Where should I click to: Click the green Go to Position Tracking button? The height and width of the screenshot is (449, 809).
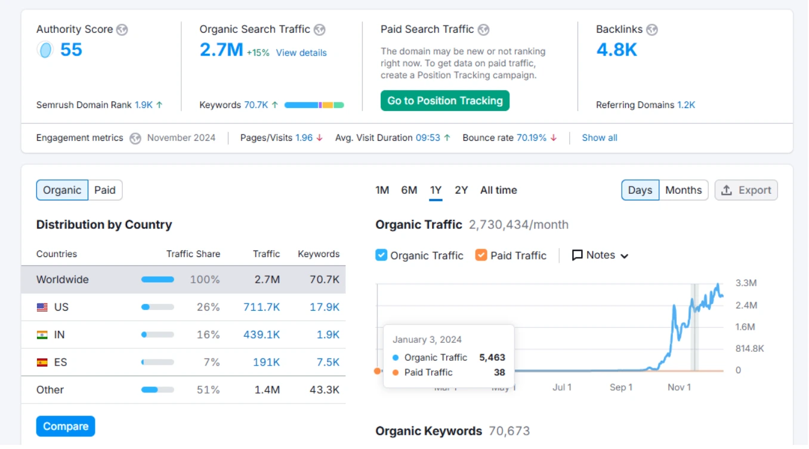pyautogui.click(x=444, y=101)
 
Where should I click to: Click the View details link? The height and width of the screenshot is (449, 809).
pyautogui.click(x=301, y=52)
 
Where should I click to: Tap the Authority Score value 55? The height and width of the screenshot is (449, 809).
pyautogui.click(x=71, y=49)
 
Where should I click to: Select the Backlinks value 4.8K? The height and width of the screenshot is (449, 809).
pyautogui.click(x=616, y=49)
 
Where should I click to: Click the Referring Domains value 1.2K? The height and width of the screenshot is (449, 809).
pyautogui.click(x=686, y=105)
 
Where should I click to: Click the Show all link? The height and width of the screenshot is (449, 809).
pyautogui.click(x=599, y=138)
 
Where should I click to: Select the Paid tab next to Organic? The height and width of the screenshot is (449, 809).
pyautogui.click(x=105, y=190)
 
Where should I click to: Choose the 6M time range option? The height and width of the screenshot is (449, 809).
pyautogui.click(x=409, y=190)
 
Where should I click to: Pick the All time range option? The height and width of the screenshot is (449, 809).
pyautogui.click(x=498, y=190)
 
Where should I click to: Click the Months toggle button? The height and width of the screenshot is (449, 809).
pyautogui.click(x=683, y=190)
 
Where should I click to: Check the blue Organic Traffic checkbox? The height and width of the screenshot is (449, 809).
pyautogui.click(x=381, y=255)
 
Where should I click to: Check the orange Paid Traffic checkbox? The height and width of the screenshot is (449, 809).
pyautogui.click(x=481, y=255)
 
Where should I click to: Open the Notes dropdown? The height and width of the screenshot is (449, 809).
pyautogui.click(x=600, y=255)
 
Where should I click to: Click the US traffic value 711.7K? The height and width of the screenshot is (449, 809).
pyautogui.click(x=261, y=307)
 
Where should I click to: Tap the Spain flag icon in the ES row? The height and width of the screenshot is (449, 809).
pyautogui.click(x=42, y=362)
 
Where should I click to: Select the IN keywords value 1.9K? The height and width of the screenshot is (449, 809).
pyautogui.click(x=328, y=335)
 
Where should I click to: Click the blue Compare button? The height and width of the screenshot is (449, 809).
pyautogui.click(x=66, y=426)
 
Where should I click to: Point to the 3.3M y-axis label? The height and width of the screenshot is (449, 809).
pyautogui.click(x=746, y=283)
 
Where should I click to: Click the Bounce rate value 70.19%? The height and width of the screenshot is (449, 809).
pyautogui.click(x=531, y=138)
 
